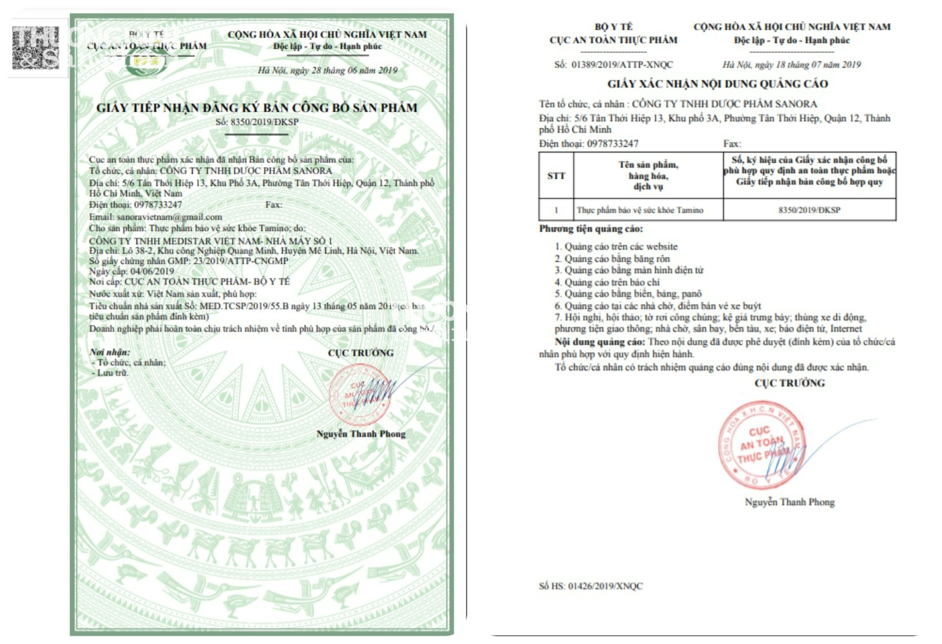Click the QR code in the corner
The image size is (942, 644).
click(35, 48)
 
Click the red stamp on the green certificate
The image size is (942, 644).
click(359, 393)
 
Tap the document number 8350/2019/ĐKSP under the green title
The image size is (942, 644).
click(256, 122)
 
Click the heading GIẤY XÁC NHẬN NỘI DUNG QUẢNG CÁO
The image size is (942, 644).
click(717, 84)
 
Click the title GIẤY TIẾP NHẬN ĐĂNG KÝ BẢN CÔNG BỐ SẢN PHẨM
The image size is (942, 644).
click(256, 108)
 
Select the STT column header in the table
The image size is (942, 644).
click(556, 176)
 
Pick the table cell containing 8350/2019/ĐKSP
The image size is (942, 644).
click(809, 210)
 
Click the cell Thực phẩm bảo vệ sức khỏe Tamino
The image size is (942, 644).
click(640, 210)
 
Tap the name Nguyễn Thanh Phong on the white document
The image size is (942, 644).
click(789, 502)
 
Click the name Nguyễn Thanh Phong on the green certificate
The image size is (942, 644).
click(361, 434)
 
